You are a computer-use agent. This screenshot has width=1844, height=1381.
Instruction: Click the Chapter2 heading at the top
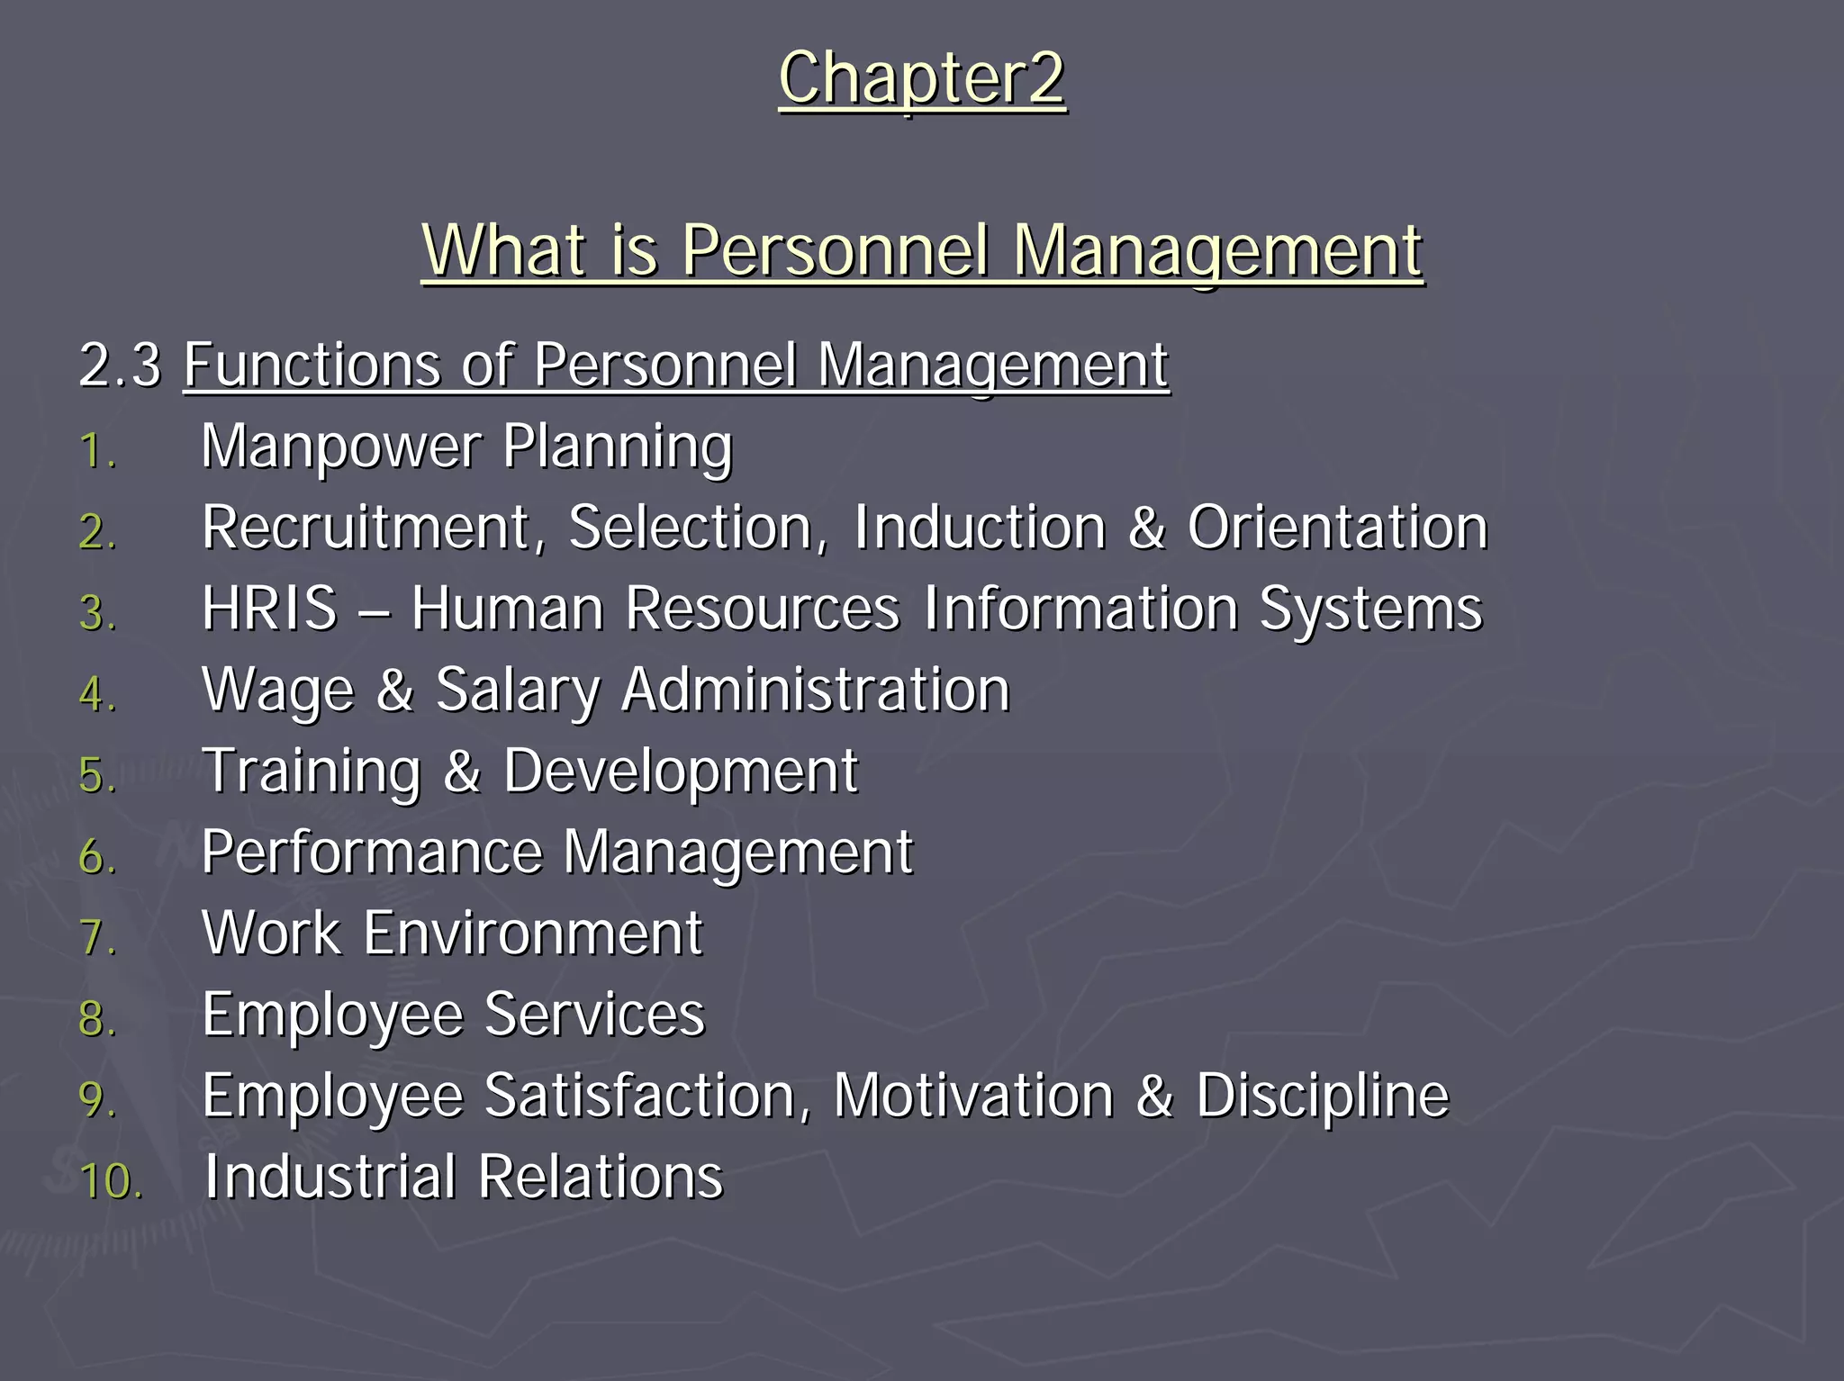(x=922, y=79)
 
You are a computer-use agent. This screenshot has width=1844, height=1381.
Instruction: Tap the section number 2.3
(x=120, y=366)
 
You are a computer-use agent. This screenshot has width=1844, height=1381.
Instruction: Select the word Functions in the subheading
(x=312, y=366)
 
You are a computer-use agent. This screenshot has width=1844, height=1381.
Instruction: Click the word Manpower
(x=340, y=447)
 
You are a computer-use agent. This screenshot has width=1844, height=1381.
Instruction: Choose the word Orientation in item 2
(x=1337, y=528)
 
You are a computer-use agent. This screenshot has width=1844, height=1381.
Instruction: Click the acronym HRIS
(x=269, y=609)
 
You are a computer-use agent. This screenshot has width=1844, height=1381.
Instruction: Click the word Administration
(x=816, y=690)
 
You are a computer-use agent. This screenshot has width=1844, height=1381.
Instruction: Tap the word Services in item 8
(x=594, y=1015)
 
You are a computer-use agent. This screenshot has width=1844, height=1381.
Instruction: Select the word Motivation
(x=973, y=1096)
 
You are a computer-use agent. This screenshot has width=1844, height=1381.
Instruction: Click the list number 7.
(x=97, y=937)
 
